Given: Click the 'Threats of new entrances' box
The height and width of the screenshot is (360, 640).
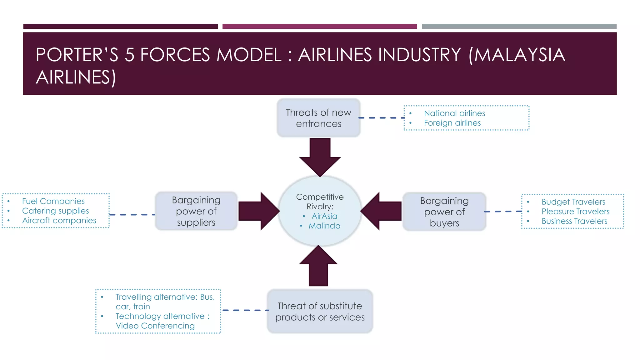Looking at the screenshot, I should pyautogui.click(x=318, y=118).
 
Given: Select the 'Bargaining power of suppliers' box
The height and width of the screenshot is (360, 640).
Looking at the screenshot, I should pyautogui.click(x=196, y=211).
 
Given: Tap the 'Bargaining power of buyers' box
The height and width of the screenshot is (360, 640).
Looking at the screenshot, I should pyautogui.click(x=444, y=212).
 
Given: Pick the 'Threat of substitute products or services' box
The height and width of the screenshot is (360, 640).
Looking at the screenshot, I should pyautogui.click(x=320, y=311).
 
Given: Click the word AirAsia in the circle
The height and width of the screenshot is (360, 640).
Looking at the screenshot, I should pyautogui.click(x=324, y=216).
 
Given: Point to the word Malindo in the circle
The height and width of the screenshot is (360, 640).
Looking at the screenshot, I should pyautogui.click(x=324, y=226).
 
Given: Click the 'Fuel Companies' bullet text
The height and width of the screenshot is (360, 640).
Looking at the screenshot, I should pyautogui.click(x=53, y=201).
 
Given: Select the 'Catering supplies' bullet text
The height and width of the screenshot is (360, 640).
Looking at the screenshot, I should pyautogui.click(x=55, y=211).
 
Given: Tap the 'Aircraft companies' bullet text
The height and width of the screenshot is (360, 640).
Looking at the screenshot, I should pyautogui.click(x=59, y=220).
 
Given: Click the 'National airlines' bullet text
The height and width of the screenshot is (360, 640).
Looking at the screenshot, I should pyautogui.click(x=454, y=113).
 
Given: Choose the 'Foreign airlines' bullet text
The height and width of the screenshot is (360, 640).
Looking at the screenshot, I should pyautogui.click(x=452, y=123).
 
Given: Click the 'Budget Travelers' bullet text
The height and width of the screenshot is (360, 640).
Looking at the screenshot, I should pyautogui.click(x=573, y=202).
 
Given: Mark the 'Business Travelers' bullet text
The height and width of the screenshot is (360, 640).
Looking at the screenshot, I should pyautogui.click(x=574, y=221).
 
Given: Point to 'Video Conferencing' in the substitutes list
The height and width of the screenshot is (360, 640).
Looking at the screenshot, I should pyautogui.click(x=155, y=326).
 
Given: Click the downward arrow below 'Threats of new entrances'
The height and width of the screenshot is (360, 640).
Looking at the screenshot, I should pyautogui.click(x=320, y=158).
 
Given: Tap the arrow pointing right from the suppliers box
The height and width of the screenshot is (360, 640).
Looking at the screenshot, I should pyautogui.click(x=258, y=211).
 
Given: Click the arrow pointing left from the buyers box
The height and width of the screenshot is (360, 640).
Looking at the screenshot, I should pyautogui.click(x=382, y=211).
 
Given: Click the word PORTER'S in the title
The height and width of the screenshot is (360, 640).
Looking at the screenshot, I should pyautogui.click(x=77, y=55).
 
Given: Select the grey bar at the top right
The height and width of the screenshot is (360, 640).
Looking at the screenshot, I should pyautogui.click(x=519, y=27).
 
